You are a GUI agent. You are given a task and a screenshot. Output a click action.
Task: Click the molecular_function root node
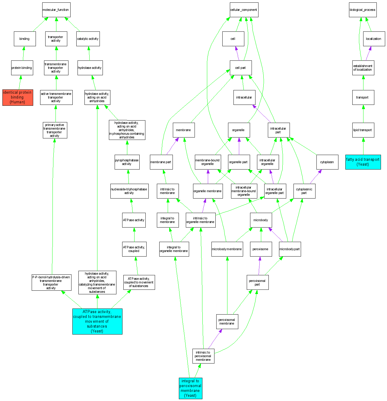tap(56, 10)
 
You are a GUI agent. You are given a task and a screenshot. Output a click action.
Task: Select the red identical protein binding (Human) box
tap(17, 97)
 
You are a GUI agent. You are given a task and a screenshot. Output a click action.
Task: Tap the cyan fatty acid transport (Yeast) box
tap(363, 162)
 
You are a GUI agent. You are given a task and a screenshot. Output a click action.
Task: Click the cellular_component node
tap(244, 10)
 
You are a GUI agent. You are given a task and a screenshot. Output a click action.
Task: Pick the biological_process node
tap(363, 10)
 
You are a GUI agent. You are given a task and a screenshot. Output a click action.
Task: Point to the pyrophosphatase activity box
tap(127, 162)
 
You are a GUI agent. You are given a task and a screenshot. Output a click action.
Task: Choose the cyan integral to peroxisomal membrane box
tap(190, 388)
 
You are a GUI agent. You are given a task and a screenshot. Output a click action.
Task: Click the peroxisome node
tap(261, 249)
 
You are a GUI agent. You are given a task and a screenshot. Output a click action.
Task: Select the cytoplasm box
tap(327, 162)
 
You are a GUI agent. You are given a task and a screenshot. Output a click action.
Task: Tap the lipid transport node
tap(363, 130)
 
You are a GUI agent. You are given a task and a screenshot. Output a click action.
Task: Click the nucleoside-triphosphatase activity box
tap(129, 191)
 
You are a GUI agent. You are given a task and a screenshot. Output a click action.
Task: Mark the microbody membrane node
tap(227, 249)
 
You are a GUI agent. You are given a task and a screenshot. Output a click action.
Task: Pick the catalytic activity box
tap(88, 39)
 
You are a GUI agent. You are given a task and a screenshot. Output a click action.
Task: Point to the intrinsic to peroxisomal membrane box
tap(203, 356)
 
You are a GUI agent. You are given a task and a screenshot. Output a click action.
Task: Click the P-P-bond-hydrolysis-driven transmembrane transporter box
tap(51, 283)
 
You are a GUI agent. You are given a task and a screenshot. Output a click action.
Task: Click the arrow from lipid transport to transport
tap(363, 114)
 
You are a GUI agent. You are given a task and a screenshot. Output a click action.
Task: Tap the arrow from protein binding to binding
tap(23, 53)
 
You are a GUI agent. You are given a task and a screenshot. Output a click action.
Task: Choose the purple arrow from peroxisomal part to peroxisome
tap(259, 266)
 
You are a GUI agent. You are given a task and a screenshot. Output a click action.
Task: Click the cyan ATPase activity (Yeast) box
tap(97, 321)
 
